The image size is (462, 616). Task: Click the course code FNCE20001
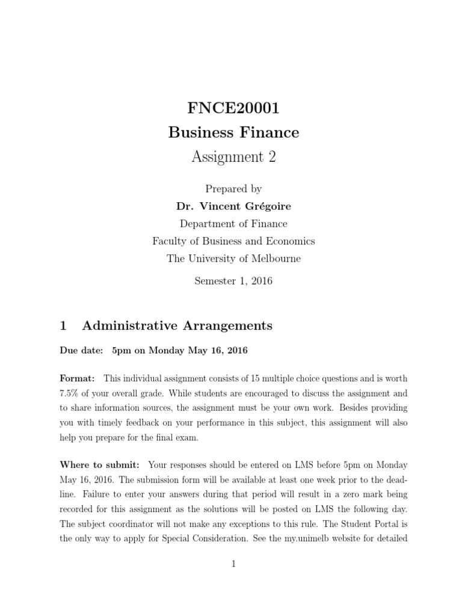coord(233,109)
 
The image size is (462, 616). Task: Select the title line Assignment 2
coord(233,157)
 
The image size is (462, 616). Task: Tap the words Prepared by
coord(233,189)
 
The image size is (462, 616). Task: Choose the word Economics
coord(288,241)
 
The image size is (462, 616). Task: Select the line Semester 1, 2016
coord(233,281)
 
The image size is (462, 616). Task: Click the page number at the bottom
coord(234,564)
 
